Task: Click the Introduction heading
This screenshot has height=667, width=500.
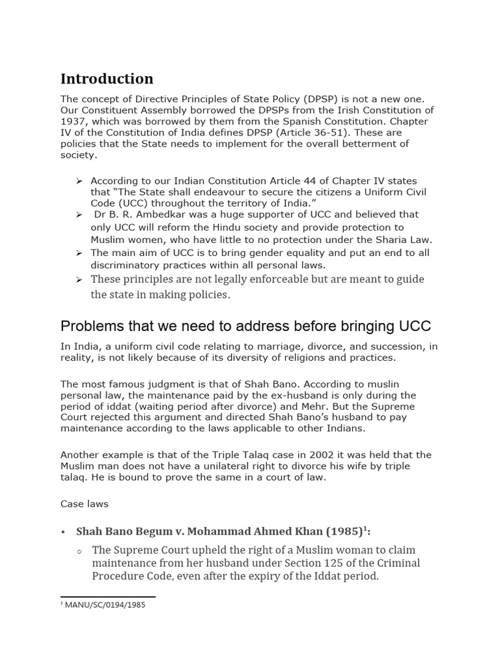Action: [x=107, y=79]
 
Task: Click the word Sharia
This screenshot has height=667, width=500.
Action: [x=387, y=240]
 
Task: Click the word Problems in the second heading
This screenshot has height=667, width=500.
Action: [x=90, y=326]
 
